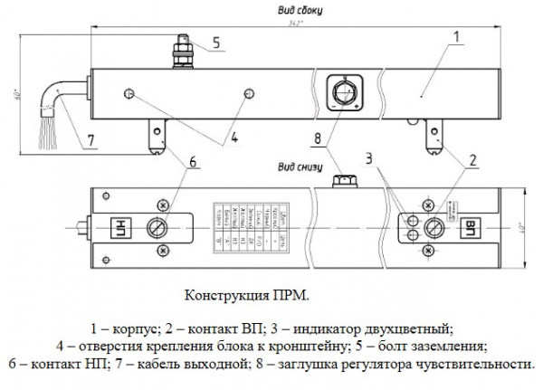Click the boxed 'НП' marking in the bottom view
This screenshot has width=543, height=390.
coord(119,226)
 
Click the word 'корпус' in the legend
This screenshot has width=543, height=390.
coord(136,327)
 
